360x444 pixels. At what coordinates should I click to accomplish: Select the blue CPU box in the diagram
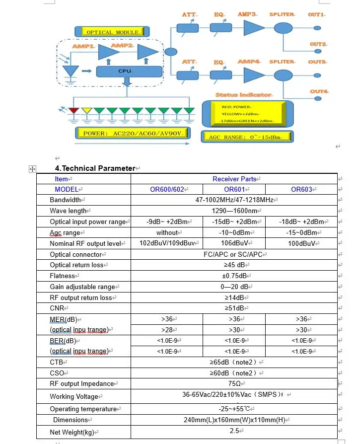(125, 71)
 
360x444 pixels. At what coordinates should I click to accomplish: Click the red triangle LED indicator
(74, 111)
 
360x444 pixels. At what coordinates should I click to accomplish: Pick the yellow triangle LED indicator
(86, 111)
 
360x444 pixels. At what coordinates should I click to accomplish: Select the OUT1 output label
(316, 15)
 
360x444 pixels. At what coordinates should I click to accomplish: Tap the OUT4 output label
(319, 91)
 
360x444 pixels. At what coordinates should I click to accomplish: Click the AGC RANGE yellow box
(245, 137)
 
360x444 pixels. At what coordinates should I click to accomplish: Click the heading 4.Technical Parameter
(95, 168)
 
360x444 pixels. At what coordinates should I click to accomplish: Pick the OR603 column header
(301, 189)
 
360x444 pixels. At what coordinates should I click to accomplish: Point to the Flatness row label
(63, 276)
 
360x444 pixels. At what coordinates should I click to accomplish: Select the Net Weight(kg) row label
(72, 432)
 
